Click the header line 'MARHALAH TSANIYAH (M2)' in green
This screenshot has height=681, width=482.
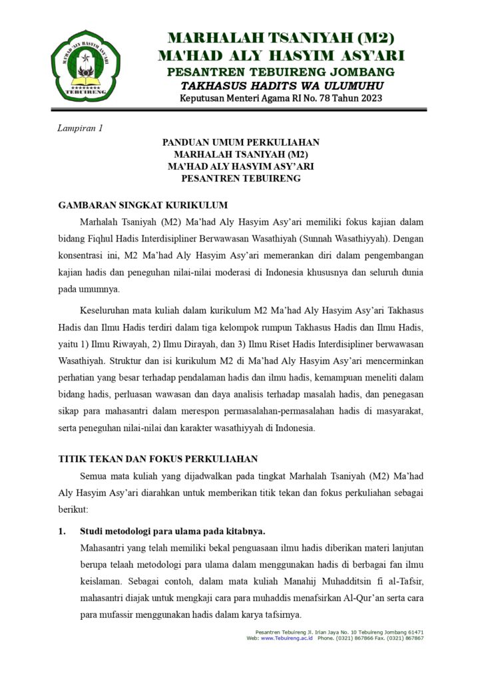[x=281, y=38]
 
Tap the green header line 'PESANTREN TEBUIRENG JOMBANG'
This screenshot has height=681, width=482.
[x=281, y=72]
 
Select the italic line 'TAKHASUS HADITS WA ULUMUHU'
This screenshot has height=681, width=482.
[x=282, y=86]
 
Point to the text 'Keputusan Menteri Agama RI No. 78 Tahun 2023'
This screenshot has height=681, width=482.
[x=282, y=99]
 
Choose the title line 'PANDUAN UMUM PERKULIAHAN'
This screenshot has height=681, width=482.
[x=241, y=142]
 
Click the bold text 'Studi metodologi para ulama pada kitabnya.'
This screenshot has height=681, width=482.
[x=172, y=531]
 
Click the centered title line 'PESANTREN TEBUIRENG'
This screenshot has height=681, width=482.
[x=241, y=178]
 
